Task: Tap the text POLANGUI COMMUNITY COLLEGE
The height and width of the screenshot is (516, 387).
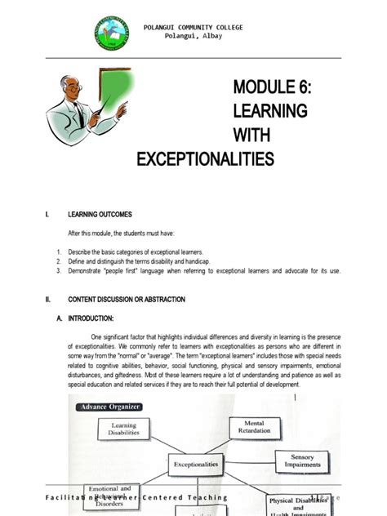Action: (193, 28)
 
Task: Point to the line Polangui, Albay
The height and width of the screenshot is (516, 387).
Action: (193, 38)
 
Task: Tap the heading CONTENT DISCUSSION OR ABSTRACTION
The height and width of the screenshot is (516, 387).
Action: (127, 300)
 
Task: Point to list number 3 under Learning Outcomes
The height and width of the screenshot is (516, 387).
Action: (60, 270)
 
